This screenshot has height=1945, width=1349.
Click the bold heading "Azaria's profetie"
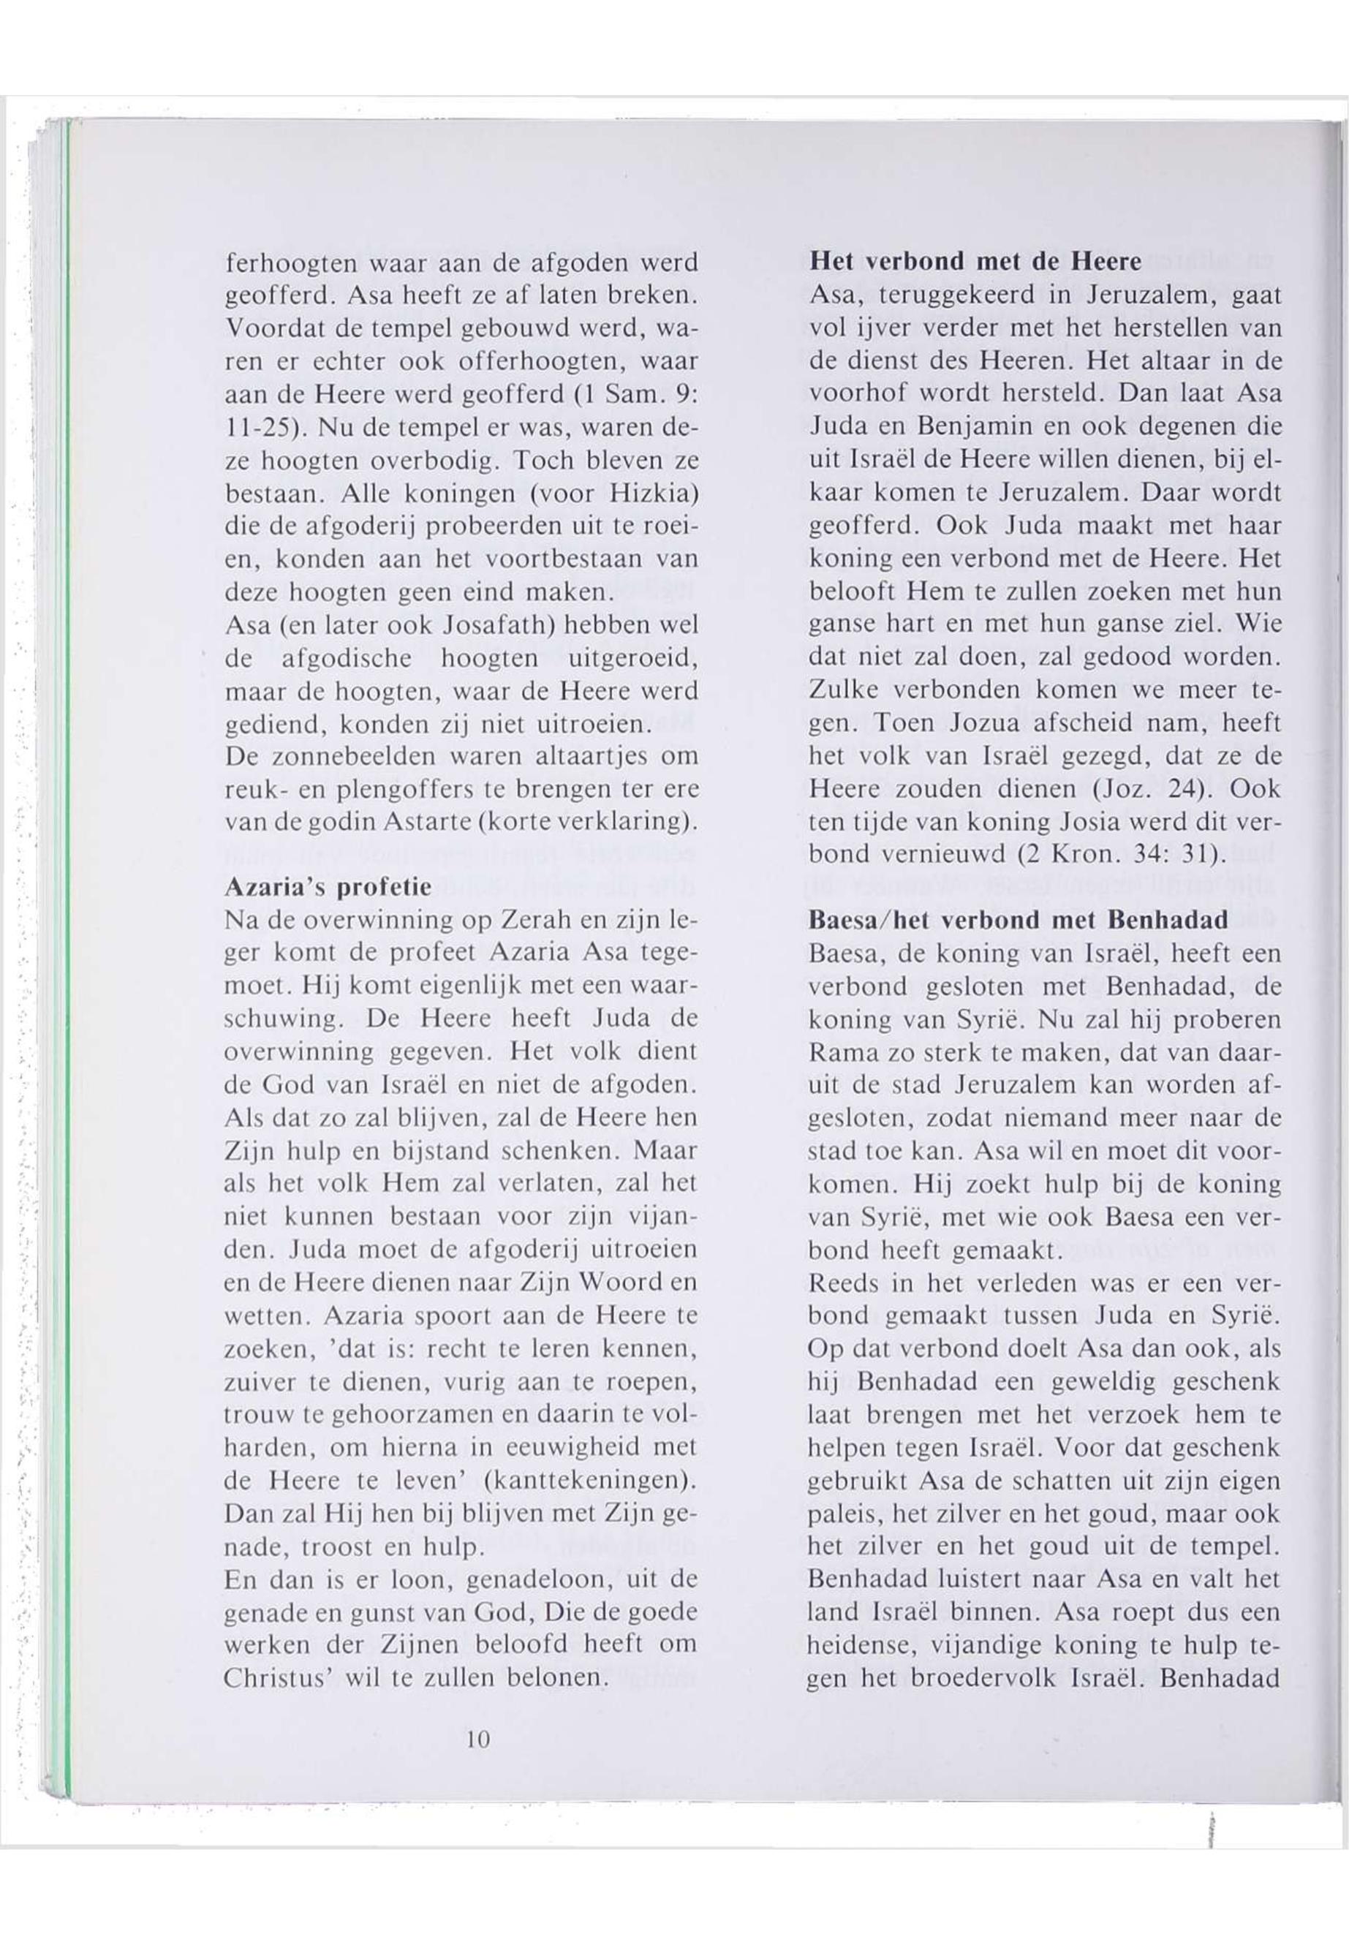[x=328, y=888]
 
